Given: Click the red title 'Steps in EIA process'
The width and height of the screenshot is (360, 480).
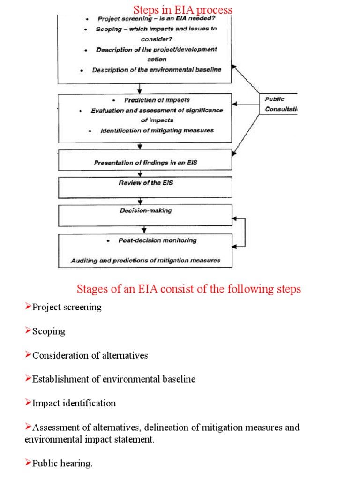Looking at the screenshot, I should [x=183, y=10].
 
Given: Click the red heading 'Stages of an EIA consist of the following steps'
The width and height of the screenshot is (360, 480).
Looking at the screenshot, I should [x=188, y=289].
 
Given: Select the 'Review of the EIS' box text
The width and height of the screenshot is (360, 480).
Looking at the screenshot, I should [x=145, y=182].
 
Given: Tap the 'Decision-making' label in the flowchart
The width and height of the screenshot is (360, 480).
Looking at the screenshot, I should [x=145, y=210].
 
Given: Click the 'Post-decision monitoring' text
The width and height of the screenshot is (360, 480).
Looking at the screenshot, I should [x=151, y=240].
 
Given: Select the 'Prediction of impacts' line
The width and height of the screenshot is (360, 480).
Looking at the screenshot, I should [x=157, y=100].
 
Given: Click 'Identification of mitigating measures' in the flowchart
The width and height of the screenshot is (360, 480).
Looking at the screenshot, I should [x=157, y=130].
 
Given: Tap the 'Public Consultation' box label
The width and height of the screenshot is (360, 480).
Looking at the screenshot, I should [x=280, y=104].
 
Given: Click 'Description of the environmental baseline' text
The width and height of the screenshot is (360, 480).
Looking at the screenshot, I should [x=157, y=70].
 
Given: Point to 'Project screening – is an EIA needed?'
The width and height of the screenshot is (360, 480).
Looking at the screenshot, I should [x=156, y=19].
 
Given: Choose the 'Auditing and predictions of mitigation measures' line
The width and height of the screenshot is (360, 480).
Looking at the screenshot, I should [x=145, y=260].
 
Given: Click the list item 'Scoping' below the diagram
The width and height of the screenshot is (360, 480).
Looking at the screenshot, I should [x=49, y=331].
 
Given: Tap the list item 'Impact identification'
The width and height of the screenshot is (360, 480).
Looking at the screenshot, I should [x=74, y=403].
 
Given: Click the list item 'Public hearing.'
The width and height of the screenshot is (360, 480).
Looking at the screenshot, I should [x=62, y=464].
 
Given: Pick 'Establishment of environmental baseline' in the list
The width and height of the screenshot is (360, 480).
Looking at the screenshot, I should [x=114, y=379].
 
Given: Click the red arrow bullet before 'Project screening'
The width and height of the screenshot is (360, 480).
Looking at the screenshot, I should [x=28, y=307].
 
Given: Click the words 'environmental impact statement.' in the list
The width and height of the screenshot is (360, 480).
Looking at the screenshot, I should [x=89, y=440].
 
